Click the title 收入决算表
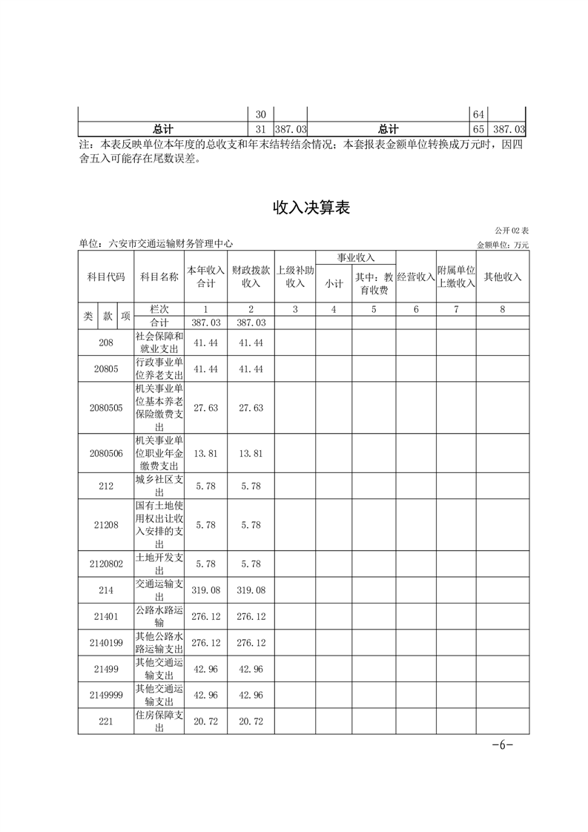coord(311,208)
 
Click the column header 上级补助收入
coord(295,277)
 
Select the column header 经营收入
coord(415,277)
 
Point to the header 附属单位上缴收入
coord(455,277)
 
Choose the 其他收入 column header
coord(503,277)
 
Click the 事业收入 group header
coord(355,257)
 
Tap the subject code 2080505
coord(105,408)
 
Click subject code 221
coord(105,721)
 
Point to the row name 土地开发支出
coord(159,564)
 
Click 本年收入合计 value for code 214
coord(205,591)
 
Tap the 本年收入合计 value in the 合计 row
coord(205,323)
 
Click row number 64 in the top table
coord(479,115)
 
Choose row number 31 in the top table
coord(260,130)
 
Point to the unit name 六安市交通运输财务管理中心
coord(171,243)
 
